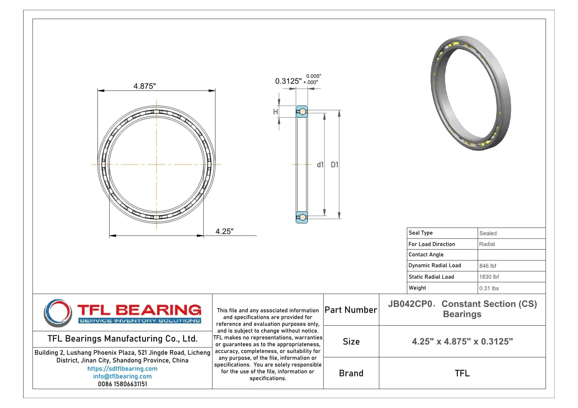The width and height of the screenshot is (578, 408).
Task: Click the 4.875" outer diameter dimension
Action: click(x=144, y=86)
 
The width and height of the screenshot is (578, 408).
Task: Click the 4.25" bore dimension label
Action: click(x=224, y=231)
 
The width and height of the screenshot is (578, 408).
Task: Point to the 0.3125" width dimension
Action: click(x=288, y=81)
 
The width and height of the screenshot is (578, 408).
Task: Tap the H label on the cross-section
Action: click(x=276, y=112)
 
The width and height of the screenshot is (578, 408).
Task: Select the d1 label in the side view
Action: click(x=320, y=165)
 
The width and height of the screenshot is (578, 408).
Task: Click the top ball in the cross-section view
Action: click(x=302, y=112)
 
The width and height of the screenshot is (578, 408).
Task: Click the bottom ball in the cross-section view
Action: click(x=302, y=217)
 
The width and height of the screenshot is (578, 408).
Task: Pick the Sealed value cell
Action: click(x=488, y=233)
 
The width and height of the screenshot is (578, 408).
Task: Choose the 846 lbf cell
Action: click(x=488, y=266)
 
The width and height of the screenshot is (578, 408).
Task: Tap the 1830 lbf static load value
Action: click(x=489, y=277)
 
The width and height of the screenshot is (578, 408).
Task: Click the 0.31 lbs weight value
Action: click(x=489, y=288)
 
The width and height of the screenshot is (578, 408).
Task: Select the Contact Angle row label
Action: click(x=426, y=255)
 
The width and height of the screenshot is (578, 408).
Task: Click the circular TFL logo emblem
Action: click(x=58, y=313)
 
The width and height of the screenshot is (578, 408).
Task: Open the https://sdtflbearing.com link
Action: click(x=122, y=369)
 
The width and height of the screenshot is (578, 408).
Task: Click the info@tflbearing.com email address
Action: click(x=122, y=376)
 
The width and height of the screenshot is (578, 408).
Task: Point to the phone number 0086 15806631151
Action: click(x=122, y=384)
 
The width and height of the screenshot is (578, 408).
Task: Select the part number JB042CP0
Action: click(x=410, y=304)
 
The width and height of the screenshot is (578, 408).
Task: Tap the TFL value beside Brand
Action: click(x=462, y=373)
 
